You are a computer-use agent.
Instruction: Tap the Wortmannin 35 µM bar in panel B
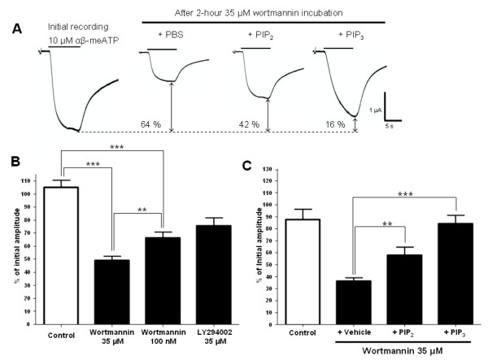[x=111, y=282]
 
